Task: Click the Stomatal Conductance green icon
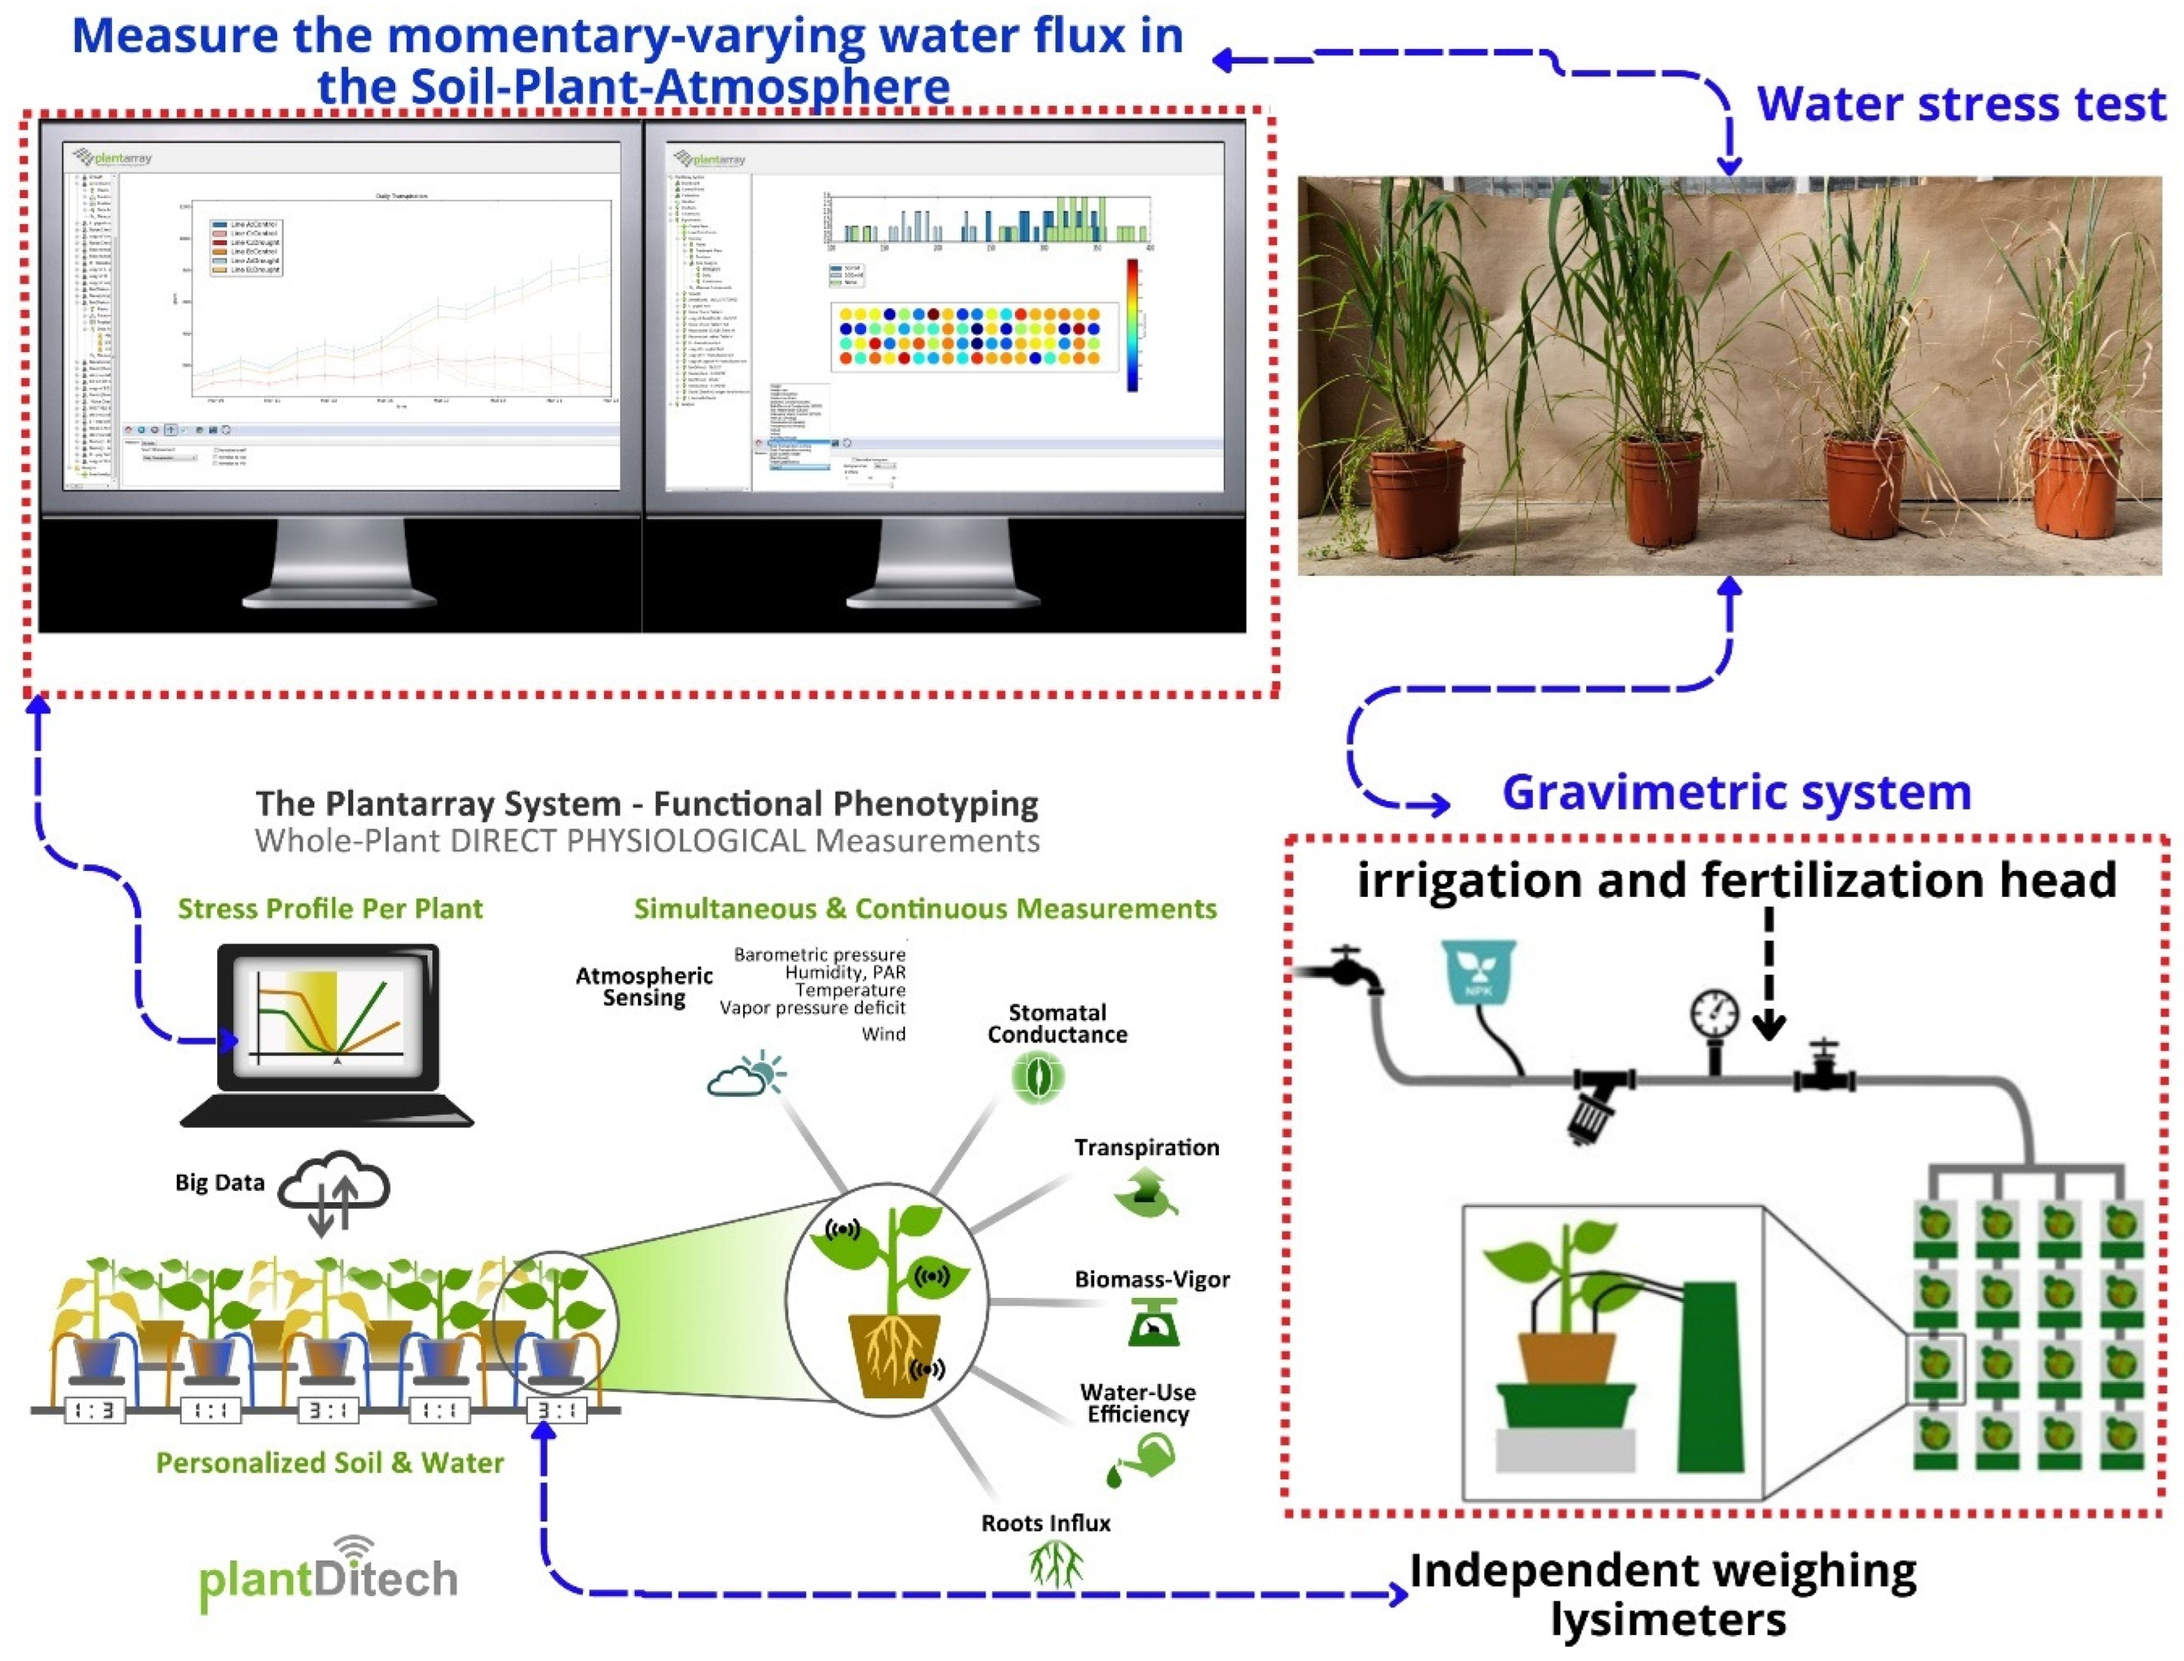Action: tap(1037, 1076)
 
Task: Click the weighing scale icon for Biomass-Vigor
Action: tap(1153, 1323)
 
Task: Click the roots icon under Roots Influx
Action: tap(1055, 1565)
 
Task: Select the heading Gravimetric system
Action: tap(1736, 793)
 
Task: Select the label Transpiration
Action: tap(1147, 1148)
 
